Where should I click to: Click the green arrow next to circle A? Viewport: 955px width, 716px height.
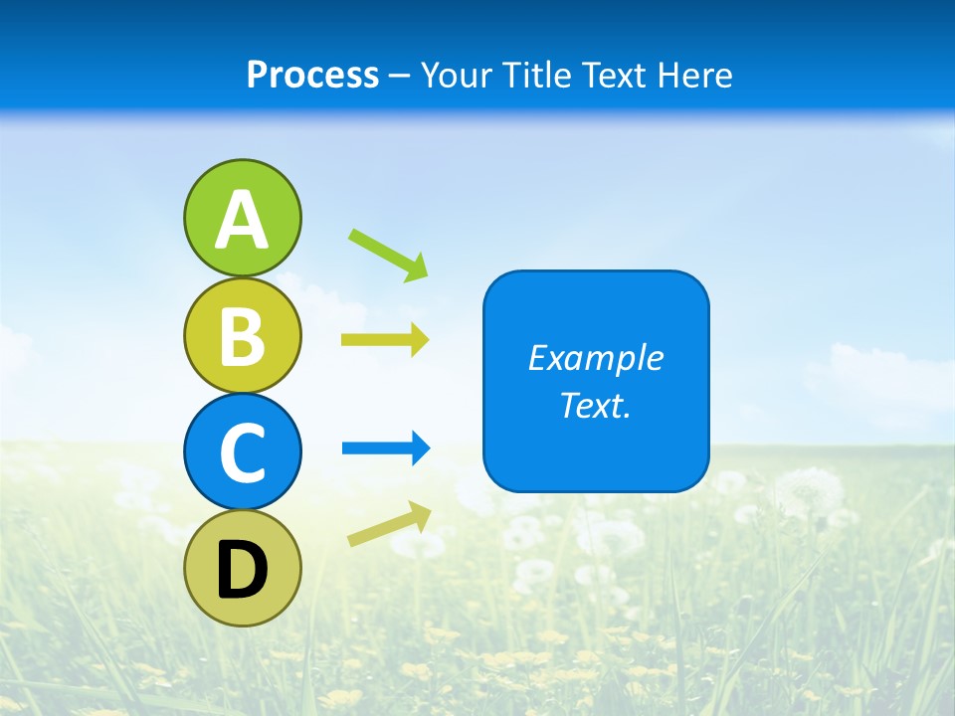(x=388, y=255)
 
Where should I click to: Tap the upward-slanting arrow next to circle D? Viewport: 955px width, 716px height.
(x=389, y=524)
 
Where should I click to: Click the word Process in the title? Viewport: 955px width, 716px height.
(x=312, y=76)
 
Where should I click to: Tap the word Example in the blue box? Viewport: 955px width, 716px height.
(x=595, y=358)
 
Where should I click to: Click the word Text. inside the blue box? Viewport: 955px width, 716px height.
(x=595, y=406)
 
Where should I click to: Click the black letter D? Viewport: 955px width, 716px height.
(x=242, y=569)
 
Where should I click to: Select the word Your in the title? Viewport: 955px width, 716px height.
(x=457, y=76)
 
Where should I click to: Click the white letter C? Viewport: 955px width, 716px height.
(x=242, y=452)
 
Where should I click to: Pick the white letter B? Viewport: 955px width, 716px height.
(x=242, y=336)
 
